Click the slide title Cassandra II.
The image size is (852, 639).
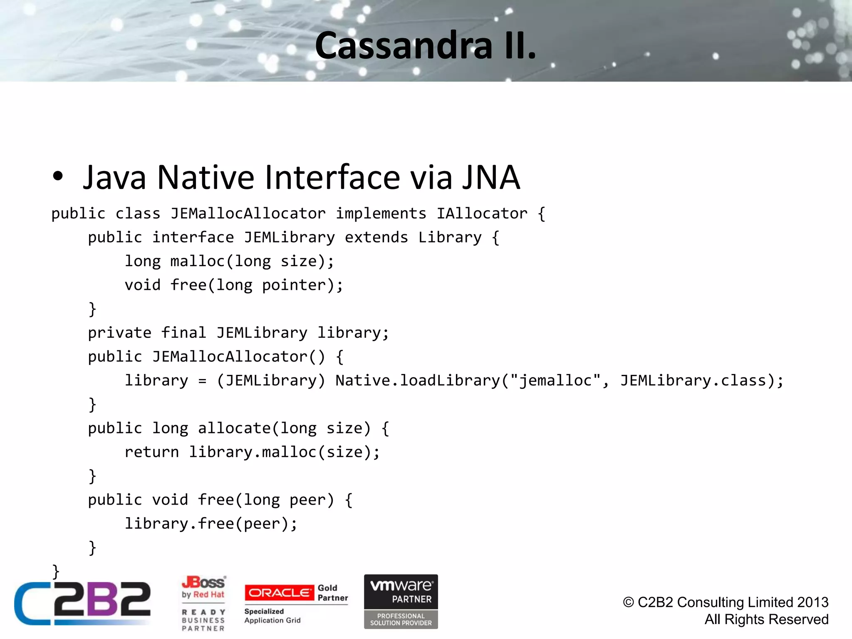coord(425,46)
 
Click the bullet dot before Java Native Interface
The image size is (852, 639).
coord(58,176)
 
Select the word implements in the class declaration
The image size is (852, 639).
coord(381,214)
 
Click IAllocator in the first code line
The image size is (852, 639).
coord(482,214)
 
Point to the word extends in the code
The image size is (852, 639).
coord(376,238)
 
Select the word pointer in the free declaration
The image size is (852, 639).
coord(298,285)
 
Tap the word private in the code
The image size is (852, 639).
coord(119,333)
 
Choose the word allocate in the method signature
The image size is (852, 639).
coord(234,428)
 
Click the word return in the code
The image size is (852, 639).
coord(151,452)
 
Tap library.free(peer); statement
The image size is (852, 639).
coord(211,524)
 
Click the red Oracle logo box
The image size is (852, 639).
coord(279,593)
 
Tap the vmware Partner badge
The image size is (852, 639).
coord(401,601)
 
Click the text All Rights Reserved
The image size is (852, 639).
coord(766,619)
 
